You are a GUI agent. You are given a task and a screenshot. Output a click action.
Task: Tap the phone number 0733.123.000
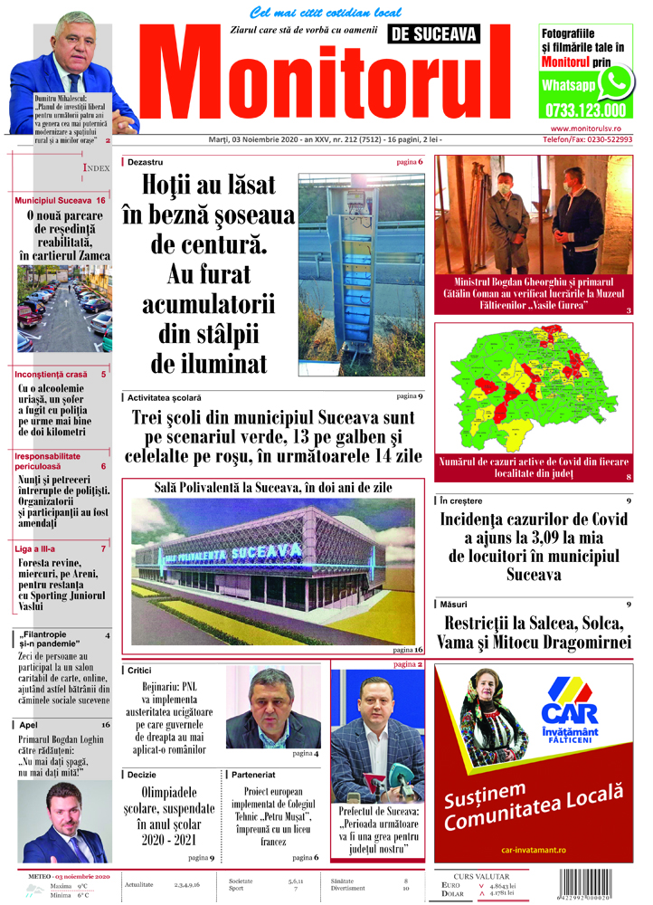[584, 110]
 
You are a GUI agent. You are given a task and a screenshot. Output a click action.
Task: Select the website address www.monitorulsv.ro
[588, 130]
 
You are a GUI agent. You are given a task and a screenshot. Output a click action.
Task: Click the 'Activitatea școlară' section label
[165, 397]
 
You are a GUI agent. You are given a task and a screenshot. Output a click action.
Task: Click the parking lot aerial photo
[64, 308]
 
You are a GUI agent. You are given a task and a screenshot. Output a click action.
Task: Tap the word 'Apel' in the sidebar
[29, 724]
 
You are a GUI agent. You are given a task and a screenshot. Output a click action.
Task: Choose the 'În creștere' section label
[463, 501]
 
